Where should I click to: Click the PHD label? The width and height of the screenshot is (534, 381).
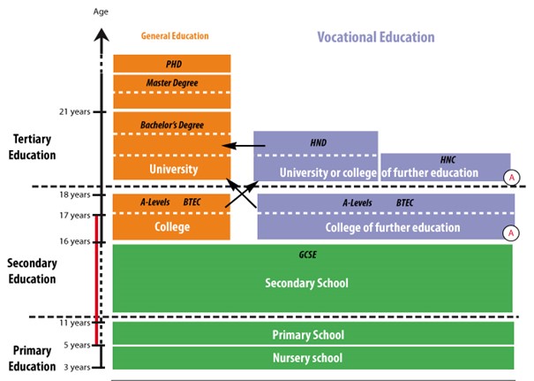pos(173,65)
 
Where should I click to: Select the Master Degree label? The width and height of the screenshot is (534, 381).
pos(173,83)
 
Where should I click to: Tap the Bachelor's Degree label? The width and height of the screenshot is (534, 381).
pos(173,126)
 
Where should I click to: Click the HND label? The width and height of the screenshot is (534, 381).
pos(317,142)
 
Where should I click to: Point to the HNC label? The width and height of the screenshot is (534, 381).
pos(448,161)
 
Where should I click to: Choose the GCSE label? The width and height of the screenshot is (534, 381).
pos(312,255)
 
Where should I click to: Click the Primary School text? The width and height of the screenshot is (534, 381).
pos(309,335)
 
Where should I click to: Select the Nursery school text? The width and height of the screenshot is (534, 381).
pos(309,358)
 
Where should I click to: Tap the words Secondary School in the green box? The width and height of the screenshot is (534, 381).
pos(307,283)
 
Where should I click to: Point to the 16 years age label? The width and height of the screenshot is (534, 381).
pos(73,241)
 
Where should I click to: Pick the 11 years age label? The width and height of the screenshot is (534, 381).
pos(73,323)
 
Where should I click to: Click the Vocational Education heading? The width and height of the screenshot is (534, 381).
pos(376,37)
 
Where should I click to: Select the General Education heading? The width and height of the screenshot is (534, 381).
pos(175,36)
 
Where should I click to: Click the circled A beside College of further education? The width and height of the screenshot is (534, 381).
pos(509,233)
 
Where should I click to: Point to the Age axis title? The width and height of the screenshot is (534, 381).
pos(102,12)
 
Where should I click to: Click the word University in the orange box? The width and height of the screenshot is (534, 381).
pos(174,168)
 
